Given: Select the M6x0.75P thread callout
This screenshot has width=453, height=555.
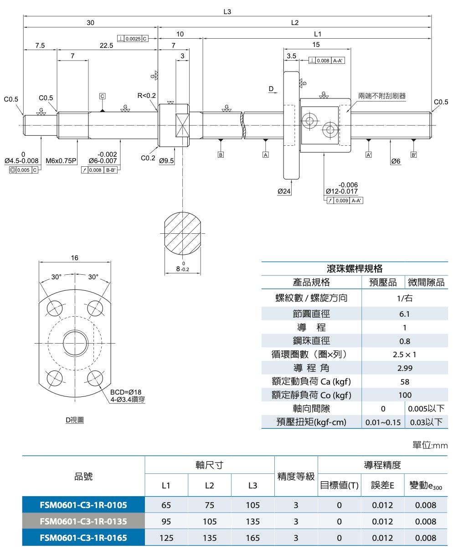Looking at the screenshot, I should point(62,161).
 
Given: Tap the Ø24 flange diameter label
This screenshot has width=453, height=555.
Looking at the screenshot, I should point(284,191).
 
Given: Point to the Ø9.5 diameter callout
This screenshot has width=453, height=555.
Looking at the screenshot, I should point(166,161).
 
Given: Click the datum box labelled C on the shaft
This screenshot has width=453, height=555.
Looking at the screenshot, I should point(102,96).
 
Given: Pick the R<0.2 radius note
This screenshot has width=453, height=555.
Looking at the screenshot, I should point(146,96).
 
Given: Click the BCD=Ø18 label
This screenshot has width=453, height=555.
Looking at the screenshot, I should point(126,392).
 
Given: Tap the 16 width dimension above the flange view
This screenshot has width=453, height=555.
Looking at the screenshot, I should point(75,258).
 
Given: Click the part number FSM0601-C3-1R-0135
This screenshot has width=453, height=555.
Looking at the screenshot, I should point(83,521).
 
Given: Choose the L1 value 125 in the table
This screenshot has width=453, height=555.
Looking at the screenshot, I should point(166,538).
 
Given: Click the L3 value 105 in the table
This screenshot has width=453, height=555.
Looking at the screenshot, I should point(252,505).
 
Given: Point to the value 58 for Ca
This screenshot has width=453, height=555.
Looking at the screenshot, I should point(404,382).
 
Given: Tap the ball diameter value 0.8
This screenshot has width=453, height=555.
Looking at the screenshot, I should point(404,341).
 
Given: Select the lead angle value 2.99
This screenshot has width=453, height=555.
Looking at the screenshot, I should point(404,368).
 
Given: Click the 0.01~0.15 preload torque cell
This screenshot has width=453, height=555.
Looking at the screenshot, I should point(383,422).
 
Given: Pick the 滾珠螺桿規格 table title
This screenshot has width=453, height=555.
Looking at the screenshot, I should point(355,268).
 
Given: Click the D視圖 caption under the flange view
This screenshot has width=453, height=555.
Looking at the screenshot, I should point(74,420).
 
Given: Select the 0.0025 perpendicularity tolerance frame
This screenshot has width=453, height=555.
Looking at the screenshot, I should point(133,39).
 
